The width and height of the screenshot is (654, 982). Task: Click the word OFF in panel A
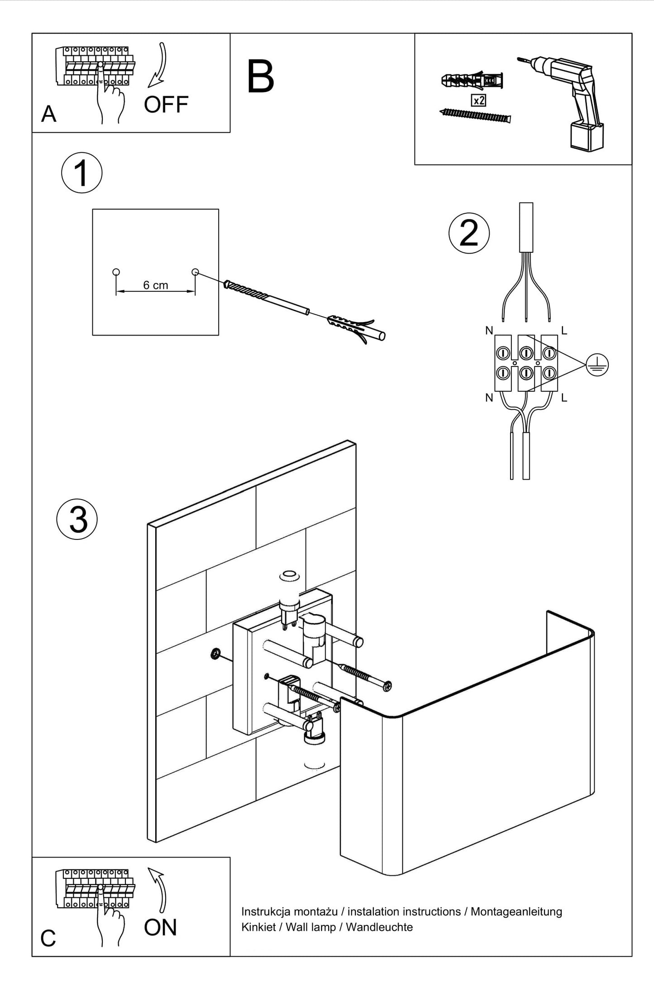166,105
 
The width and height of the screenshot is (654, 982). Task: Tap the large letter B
261,77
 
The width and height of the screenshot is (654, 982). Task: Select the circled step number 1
82,173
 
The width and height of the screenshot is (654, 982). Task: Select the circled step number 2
469,233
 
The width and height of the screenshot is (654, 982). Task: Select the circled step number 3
77,520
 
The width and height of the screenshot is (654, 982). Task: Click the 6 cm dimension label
155,285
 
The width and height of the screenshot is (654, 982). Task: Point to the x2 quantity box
478,100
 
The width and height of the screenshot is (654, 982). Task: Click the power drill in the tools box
570,100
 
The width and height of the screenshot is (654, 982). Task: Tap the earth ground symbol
597,365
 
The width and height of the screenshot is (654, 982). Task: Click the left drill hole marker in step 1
116,272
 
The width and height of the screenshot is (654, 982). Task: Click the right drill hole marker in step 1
195,272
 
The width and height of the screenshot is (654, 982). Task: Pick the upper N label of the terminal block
489,331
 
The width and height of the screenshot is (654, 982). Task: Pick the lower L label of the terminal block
564,398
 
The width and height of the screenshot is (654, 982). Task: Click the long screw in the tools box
475,115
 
